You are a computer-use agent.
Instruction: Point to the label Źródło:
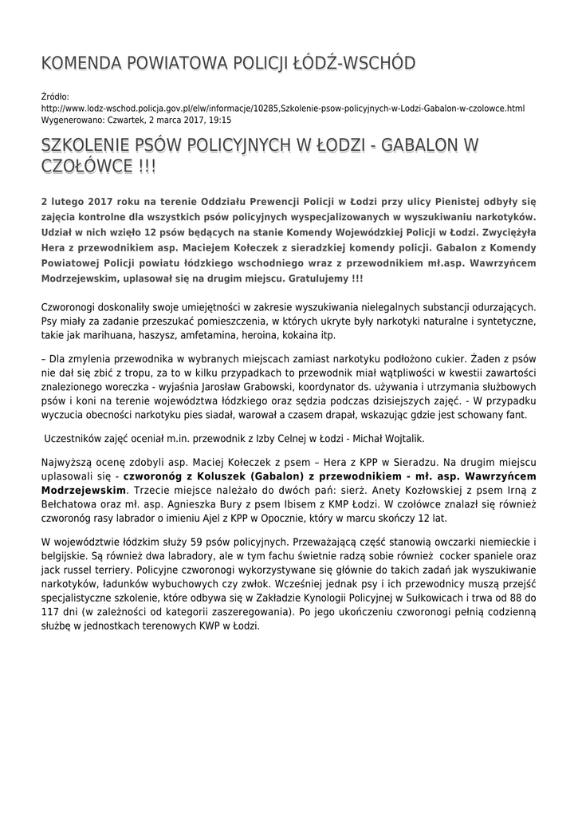point(55,97)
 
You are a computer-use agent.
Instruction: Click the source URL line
point(282,108)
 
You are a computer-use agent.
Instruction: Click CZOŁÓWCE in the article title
point(86,167)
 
